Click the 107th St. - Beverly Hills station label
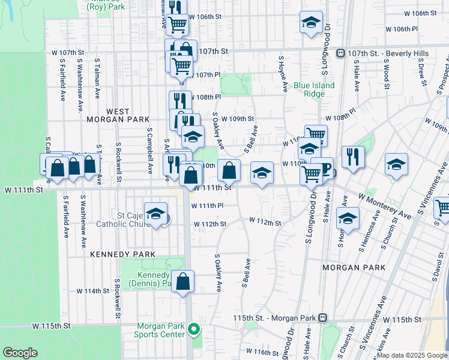(388, 53)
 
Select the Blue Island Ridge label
(314, 90)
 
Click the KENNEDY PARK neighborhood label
(122, 254)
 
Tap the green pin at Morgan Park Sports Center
(193, 329)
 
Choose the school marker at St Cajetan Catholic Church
(155, 214)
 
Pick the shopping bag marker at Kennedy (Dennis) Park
(183, 280)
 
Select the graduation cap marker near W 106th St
(310, 23)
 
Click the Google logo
(20, 353)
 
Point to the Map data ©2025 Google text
(411, 355)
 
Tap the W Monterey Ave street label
(385, 205)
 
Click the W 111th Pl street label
(207, 206)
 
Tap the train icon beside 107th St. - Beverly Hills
(340, 53)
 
